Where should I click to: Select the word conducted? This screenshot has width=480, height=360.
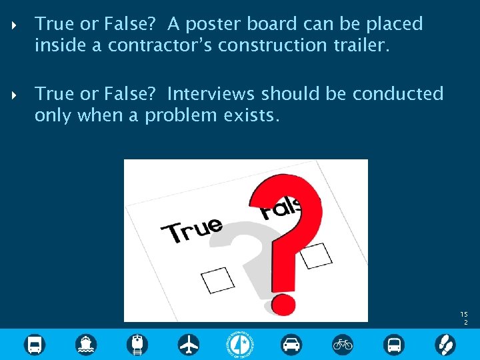pyautogui.click(x=398, y=94)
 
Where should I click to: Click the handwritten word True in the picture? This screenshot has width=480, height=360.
pyautogui.click(x=193, y=229)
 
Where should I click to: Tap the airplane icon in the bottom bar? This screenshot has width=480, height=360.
pyautogui.click(x=189, y=345)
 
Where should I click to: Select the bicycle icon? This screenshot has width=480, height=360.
pyautogui.click(x=343, y=345)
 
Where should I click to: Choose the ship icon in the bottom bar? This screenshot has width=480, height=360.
pyautogui.click(x=86, y=345)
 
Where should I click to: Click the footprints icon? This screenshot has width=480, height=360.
pyautogui.click(x=445, y=345)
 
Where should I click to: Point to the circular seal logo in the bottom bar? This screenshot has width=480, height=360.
pyautogui.click(x=240, y=345)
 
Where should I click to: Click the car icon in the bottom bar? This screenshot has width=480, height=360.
pyautogui.click(x=291, y=345)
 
